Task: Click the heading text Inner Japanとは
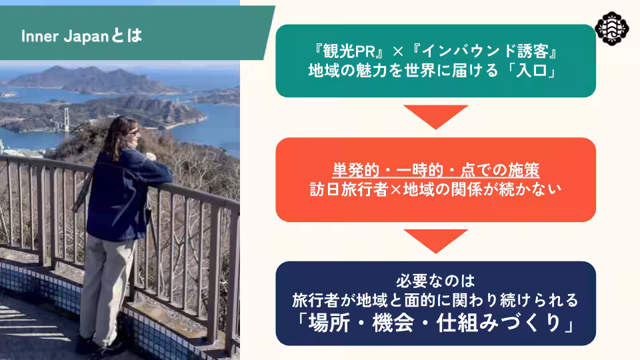(x=81, y=35)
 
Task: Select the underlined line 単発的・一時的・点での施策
(x=435, y=169)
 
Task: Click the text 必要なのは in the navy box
(x=435, y=278)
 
